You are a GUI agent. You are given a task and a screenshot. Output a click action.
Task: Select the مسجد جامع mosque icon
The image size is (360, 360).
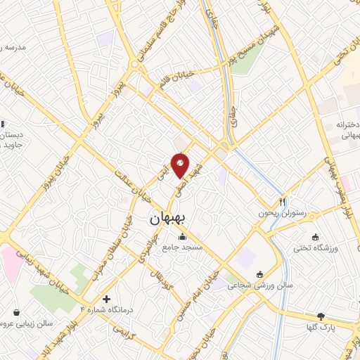click(183, 236)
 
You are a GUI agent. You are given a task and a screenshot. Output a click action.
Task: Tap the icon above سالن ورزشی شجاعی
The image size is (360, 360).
click(260, 274)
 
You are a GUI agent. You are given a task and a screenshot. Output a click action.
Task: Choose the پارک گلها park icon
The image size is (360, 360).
click(321, 316)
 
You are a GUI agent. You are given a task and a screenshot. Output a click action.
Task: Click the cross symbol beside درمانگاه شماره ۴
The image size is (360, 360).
click(107, 299)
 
